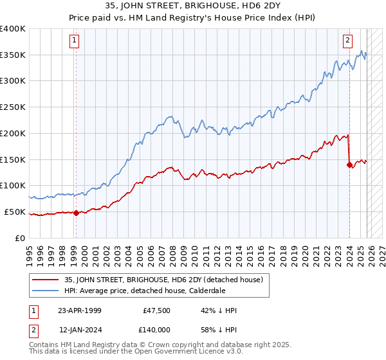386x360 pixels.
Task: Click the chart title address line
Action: pyautogui.click(x=192, y=6)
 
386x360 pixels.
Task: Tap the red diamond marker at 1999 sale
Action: pyautogui.click(x=76, y=213)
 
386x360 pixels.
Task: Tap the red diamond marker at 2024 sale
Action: pyautogui.click(x=350, y=165)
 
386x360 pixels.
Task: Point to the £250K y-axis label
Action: pyautogui.click(x=13, y=107)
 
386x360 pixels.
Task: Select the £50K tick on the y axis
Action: pyautogui.click(x=15, y=212)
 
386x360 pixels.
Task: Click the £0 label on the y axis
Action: pyautogui.click(x=21, y=238)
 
